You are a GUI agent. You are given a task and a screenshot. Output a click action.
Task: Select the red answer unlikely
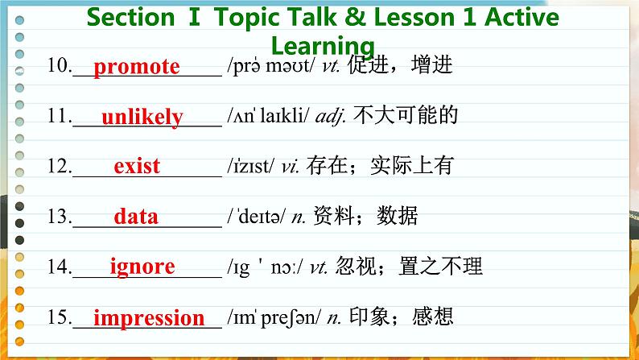(x=142, y=118)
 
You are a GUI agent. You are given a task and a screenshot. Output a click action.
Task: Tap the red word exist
(x=137, y=168)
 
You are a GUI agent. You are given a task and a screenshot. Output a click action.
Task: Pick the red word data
(x=136, y=217)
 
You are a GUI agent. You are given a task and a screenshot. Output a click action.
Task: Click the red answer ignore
(x=142, y=267)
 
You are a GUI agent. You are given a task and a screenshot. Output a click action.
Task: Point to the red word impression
(x=149, y=317)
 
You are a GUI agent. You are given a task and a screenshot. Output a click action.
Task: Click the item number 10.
(x=59, y=67)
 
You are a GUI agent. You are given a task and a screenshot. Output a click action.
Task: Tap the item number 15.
(x=59, y=317)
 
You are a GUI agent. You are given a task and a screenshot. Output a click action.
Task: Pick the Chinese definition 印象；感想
(x=398, y=317)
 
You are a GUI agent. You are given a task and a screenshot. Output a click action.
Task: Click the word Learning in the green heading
(x=323, y=45)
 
